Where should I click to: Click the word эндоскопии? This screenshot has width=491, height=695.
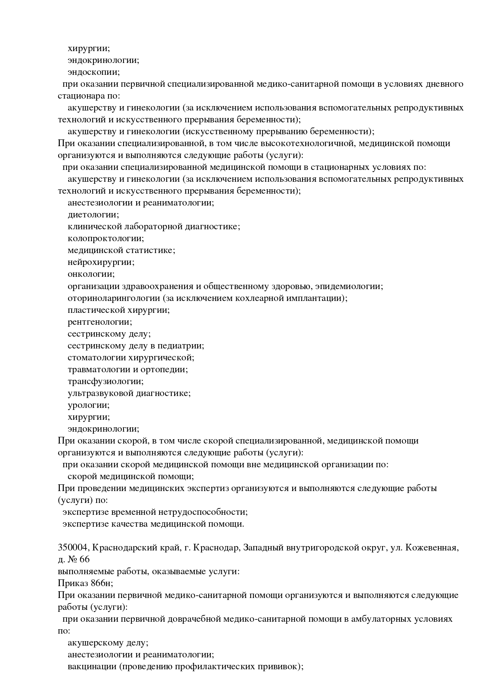[93, 72]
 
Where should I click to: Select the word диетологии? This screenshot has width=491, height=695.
[93, 215]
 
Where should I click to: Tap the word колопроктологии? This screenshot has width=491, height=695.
[106, 238]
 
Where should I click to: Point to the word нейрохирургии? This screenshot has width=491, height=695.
[101, 262]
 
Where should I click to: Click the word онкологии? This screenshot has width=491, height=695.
[91, 274]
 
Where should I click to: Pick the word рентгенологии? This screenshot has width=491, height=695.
[100, 322]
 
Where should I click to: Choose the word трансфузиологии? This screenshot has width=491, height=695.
[105, 381]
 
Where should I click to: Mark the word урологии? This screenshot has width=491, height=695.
[88, 405]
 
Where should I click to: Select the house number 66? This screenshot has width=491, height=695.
[84, 560]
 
